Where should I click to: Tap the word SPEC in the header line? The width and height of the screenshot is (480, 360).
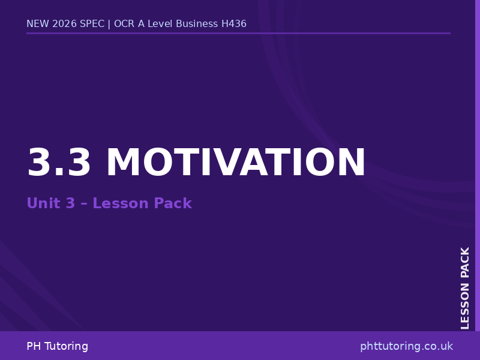[92, 24]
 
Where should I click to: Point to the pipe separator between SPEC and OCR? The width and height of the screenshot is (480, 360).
[109, 24]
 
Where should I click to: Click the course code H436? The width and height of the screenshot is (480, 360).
[234, 24]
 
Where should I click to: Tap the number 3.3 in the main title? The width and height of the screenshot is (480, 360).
[59, 163]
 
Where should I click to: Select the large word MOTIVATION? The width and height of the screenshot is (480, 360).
[235, 163]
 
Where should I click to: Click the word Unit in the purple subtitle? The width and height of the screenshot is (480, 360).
[42, 204]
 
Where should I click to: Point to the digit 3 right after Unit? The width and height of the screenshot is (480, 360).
[70, 204]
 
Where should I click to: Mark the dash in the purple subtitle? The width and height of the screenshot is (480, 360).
[84, 204]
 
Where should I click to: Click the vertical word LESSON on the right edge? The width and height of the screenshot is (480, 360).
[466, 305]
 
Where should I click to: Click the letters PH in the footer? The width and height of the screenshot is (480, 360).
[34, 346]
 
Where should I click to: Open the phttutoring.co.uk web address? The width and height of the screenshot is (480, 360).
[406, 346]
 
